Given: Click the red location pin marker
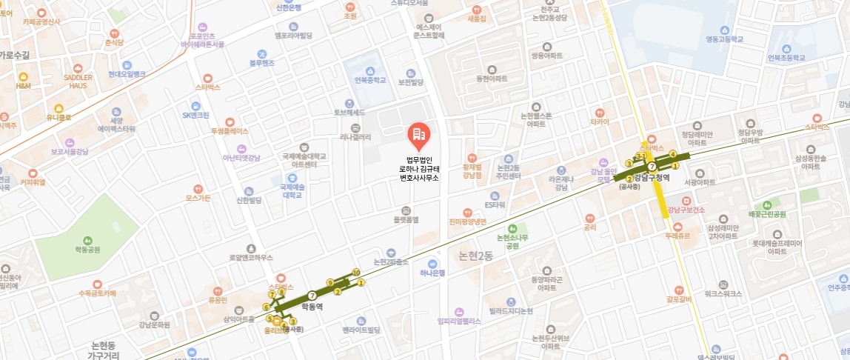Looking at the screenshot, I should click(x=418, y=135).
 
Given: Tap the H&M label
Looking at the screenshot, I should click(x=23, y=86).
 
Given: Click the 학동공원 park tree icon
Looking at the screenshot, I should click(x=87, y=240).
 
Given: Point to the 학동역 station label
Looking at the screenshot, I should click(x=312, y=306).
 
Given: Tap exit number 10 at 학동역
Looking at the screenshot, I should click(x=356, y=272).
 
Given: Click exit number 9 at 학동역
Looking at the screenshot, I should click(x=330, y=282).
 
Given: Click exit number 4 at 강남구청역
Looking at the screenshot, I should click(x=672, y=153).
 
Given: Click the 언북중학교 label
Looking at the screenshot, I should click(x=370, y=80).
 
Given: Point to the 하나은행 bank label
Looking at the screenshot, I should click(x=432, y=273).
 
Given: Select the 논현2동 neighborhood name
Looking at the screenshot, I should click(x=475, y=256).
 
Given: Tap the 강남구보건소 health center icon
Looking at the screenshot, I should click(x=686, y=201).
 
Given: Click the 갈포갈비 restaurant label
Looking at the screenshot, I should click(x=678, y=299).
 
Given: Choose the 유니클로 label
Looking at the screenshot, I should click(x=58, y=117).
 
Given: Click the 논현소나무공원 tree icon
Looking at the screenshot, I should click(x=512, y=228).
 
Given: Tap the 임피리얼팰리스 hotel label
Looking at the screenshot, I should click(x=460, y=321).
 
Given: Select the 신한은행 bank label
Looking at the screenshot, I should click(x=288, y=8).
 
